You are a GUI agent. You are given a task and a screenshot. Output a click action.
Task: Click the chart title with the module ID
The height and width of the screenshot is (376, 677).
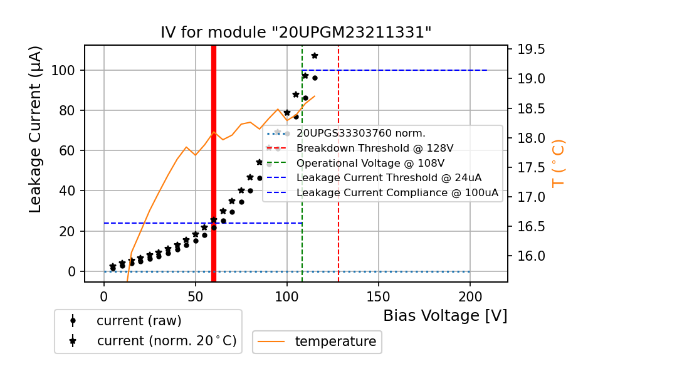point(296,33)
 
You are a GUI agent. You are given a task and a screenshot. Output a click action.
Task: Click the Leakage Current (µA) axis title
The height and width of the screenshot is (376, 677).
point(36,129)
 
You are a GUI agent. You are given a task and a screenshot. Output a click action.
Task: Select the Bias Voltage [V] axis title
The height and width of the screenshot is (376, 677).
point(445,316)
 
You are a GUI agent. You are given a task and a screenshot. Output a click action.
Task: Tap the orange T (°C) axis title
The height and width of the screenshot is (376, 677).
point(558,163)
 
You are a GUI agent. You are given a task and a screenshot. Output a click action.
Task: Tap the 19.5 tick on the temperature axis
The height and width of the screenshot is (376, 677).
point(531,50)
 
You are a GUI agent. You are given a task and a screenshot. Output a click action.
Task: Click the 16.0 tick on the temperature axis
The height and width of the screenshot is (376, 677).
point(531,256)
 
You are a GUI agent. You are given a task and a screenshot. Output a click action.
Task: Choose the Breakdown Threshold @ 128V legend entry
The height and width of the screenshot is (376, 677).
point(375,148)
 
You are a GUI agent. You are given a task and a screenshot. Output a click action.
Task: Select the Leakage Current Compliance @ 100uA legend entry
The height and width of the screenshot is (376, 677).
point(397,193)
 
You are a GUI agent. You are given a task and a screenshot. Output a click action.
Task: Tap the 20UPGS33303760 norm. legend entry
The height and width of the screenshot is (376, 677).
point(360,133)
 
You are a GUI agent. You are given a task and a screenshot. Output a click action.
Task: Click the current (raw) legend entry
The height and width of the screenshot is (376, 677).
point(139,320)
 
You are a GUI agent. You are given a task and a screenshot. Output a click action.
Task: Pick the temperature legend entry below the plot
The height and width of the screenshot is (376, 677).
point(335,342)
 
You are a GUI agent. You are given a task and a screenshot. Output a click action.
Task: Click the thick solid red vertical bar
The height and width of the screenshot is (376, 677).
point(214,163)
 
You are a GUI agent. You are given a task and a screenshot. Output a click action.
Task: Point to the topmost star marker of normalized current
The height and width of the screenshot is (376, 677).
point(315,56)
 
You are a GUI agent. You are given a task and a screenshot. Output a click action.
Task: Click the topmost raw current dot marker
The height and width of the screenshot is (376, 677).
point(315,78)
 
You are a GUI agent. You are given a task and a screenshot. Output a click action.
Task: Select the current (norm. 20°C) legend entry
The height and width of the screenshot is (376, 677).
point(166,342)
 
